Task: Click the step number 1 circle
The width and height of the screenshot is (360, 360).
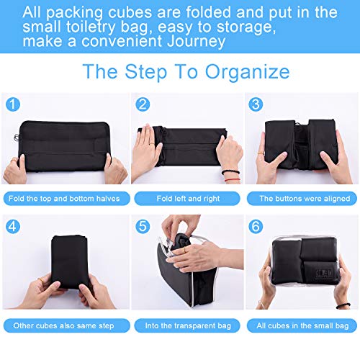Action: click(x=13, y=104)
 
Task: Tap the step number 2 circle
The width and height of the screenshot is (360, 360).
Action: click(x=143, y=104)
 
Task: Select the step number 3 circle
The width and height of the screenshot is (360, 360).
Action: click(x=256, y=104)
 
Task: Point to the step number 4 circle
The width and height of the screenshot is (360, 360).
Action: click(x=13, y=226)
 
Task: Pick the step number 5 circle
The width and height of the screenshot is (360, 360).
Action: click(x=143, y=226)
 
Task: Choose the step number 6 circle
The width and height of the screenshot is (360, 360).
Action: click(x=256, y=226)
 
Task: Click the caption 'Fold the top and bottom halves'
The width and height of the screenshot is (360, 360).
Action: click(x=64, y=199)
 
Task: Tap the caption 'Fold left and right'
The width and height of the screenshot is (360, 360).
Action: click(x=188, y=199)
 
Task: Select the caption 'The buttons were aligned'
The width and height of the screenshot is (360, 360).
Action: click(x=305, y=199)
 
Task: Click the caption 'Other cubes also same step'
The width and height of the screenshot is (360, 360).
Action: click(x=63, y=325)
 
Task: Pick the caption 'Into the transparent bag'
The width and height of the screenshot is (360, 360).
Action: click(x=188, y=325)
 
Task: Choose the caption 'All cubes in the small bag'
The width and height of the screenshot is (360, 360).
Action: click(x=302, y=325)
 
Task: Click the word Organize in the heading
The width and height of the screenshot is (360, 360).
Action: click(x=248, y=72)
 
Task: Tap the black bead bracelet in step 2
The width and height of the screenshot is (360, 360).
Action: click(x=230, y=172)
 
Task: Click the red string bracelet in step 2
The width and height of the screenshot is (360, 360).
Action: click(x=233, y=180)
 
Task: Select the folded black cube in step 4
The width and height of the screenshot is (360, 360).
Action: click(x=70, y=261)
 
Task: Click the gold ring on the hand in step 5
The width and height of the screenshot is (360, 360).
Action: click(x=184, y=250)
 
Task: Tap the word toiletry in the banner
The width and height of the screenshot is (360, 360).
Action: click(x=91, y=27)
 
